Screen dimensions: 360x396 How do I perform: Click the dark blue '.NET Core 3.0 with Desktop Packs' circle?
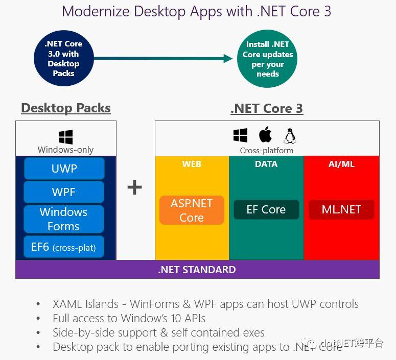(x=63, y=59)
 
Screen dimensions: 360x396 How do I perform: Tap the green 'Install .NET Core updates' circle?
(x=268, y=59)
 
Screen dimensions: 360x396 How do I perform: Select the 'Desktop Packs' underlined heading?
(x=66, y=108)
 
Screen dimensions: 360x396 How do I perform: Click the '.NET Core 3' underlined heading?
(x=267, y=108)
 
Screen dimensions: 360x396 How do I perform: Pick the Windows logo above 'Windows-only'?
(x=65, y=137)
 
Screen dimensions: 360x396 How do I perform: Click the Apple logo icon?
(x=265, y=135)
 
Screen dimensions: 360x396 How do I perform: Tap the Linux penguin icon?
(x=290, y=136)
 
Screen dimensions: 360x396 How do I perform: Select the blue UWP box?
(x=64, y=169)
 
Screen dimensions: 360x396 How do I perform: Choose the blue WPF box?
(x=64, y=192)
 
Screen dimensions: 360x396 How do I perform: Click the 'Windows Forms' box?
(x=64, y=219)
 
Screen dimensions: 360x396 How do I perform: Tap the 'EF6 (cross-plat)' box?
(x=64, y=248)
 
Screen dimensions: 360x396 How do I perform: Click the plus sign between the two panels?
(x=134, y=188)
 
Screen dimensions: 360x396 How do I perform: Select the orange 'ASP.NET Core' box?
(x=192, y=210)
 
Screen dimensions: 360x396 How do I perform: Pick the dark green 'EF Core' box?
(x=266, y=209)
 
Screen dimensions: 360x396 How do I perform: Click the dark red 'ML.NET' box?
(x=341, y=209)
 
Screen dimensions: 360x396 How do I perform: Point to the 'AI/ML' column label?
(x=341, y=164)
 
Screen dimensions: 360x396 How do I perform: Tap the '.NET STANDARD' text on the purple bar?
(x=197, y=270)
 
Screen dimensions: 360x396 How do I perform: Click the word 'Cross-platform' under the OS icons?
(x=267, y=151)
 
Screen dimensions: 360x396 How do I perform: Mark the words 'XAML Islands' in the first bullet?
(x=84, y=304)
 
